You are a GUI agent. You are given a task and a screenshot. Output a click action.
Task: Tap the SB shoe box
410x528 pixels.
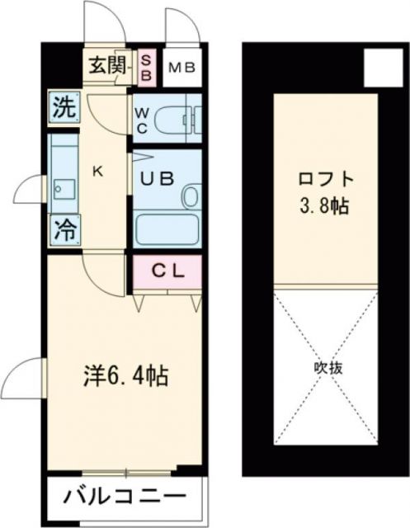click(x=146, y=67)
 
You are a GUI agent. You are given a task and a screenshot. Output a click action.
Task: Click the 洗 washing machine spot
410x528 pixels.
click(x=64, y=107)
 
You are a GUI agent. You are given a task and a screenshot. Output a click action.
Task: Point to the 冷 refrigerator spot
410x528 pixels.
click(x=64, y=229)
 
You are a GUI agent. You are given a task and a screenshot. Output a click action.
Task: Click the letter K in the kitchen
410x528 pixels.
click(x=97, y=172)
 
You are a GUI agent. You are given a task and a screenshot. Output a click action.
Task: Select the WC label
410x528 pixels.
click(x=141, y=120)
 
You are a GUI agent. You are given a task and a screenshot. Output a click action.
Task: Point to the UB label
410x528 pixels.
click(x=156, y=178)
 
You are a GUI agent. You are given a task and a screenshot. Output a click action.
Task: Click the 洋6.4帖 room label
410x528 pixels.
click(x=125, y=376)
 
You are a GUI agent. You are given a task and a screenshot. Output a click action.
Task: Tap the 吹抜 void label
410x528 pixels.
click(x=327, y=365)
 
